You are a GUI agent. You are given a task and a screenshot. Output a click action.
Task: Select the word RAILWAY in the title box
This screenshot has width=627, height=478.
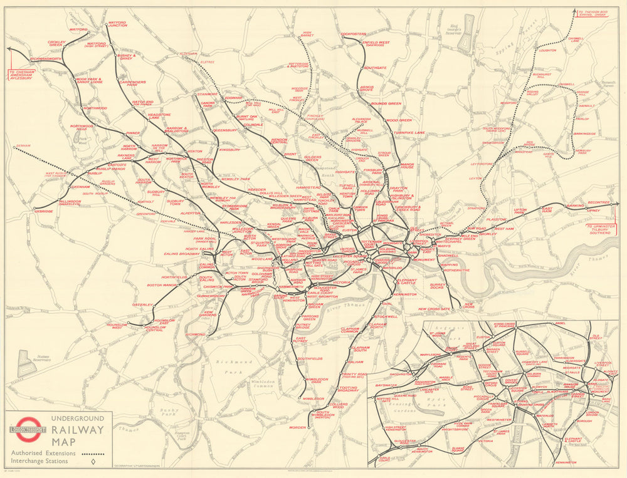[78, 430]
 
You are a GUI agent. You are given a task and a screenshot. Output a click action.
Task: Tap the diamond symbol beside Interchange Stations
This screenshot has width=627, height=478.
[92, 462]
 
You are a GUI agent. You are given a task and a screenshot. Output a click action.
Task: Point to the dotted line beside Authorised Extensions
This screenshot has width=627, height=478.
[92, 452]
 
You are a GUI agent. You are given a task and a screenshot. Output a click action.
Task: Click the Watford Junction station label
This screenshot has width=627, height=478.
[117, 24]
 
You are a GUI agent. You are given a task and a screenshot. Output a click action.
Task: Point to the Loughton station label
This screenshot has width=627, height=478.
[547, 50]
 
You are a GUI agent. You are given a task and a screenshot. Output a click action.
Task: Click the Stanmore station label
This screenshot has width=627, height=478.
[208, 94]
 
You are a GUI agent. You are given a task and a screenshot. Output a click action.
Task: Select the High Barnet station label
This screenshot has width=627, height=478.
[307, 34]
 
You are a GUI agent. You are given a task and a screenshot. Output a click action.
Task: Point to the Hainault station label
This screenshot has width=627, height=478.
[586, 106]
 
